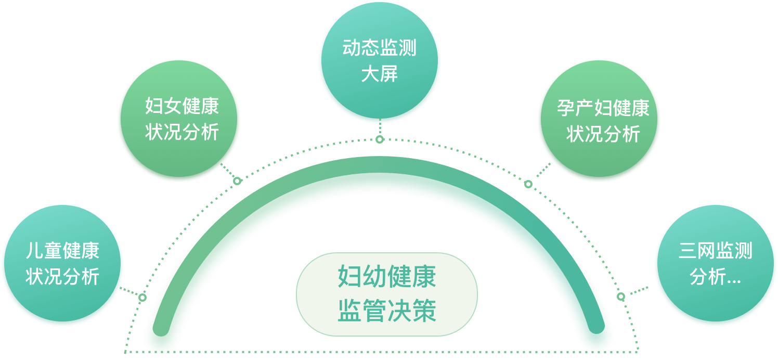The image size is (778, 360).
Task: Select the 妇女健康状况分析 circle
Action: click(180, 121)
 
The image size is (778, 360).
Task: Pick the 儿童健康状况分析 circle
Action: click(62, 264)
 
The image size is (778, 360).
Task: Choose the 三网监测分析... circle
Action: click(716, 264)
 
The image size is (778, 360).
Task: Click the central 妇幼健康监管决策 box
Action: click(387, 294)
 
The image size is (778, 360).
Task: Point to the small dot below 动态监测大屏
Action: click(380, 139)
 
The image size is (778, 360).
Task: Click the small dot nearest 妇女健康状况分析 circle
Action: click(237, 181)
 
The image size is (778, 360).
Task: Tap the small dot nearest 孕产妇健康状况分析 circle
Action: click(528, 184)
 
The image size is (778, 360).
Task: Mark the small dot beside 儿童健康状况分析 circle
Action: click(142, 298)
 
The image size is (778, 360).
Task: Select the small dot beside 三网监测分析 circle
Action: click(621, 297)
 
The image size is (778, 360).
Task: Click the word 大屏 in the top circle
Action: click(380, 74)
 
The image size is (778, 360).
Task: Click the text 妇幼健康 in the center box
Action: click(387, 277)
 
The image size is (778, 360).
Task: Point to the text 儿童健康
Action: click(62, 251)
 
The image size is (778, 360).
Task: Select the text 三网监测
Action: click(716, 251)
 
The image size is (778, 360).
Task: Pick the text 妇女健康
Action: click(182, 107)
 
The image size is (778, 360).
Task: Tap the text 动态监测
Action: click(380, 49)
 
